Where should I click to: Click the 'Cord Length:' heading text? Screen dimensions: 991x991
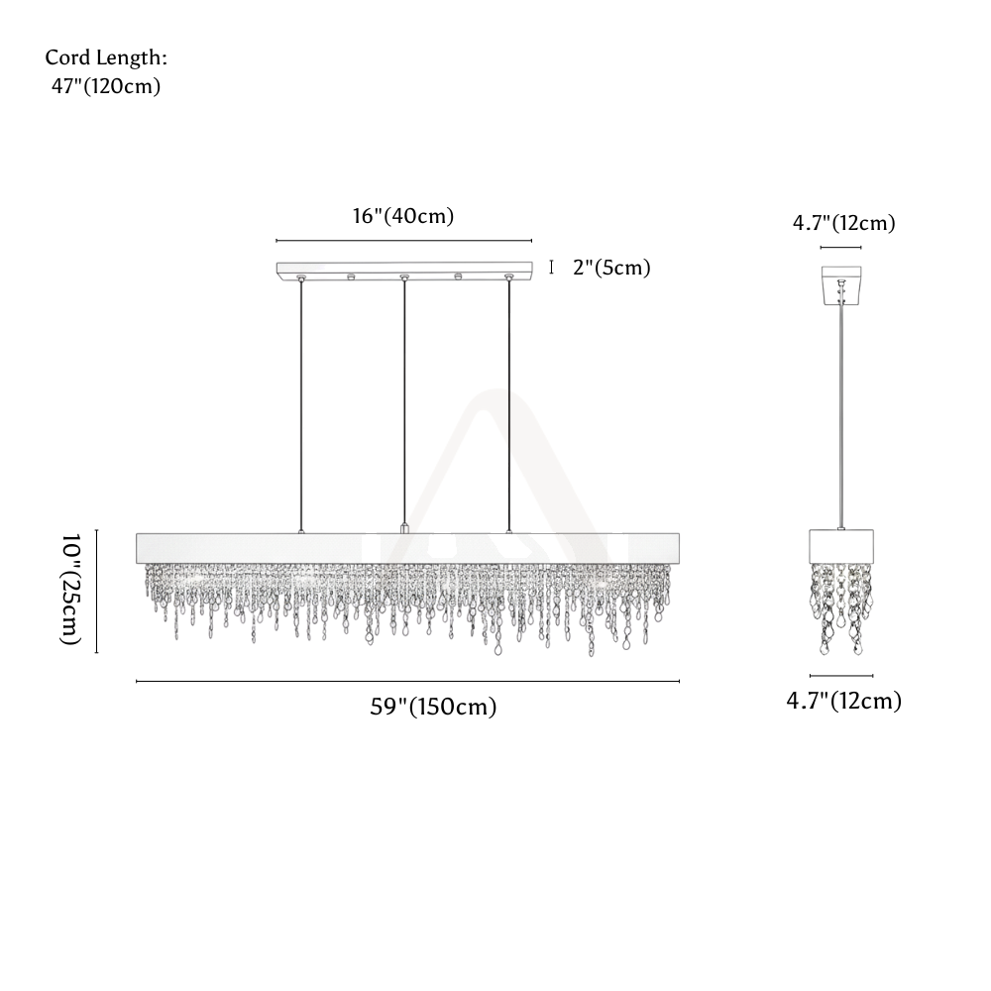click(x=106, y=57)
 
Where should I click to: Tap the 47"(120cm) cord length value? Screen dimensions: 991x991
click(x=106, y=86)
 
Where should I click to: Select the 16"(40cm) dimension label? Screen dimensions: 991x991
click(x=403, y=216)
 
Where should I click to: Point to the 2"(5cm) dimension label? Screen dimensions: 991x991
click(x=611, y=268)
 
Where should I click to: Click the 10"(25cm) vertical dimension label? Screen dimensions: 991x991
click(x=70, y=589)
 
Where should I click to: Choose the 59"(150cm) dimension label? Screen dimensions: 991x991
click(x=434, y=707)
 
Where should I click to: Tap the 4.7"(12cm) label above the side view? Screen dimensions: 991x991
click(x=843, y=223)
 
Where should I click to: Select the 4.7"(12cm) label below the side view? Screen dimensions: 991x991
click(x=843, y=701)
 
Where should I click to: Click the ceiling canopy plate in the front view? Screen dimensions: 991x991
click(x=404, y=269)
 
